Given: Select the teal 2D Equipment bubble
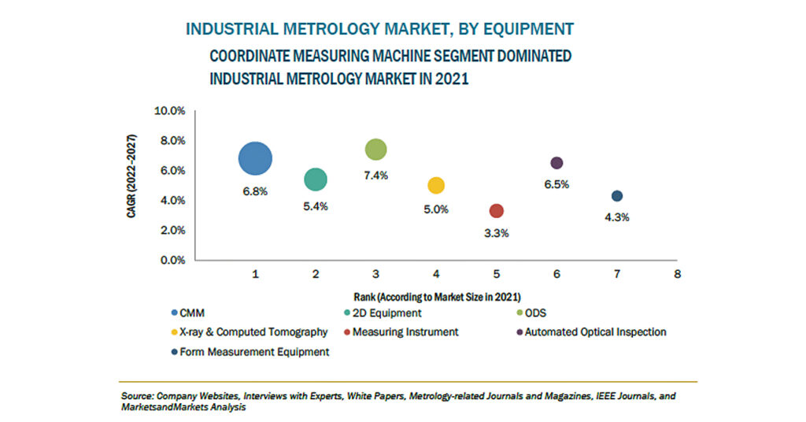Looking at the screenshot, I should (316, 180).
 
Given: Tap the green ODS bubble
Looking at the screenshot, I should (376, 149).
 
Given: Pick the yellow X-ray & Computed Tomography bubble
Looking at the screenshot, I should (436, 186).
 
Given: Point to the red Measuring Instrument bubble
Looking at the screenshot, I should (497, 211).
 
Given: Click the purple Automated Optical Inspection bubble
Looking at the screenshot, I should (556, 163).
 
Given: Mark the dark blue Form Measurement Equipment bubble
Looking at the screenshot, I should (617, 196).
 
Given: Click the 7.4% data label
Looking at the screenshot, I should (376, 176).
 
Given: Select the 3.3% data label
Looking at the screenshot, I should (497, 233).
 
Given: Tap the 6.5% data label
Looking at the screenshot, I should (556, 184).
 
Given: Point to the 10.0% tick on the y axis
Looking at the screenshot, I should (168, 111).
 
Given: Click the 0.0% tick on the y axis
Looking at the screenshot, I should (171, 261).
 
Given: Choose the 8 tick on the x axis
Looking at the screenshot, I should (677, 274).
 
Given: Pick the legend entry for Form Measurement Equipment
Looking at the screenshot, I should (253, 352).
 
